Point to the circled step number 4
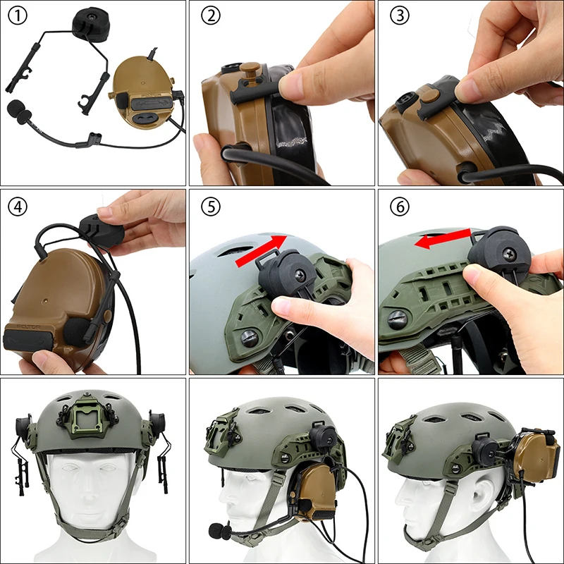coord(17,207)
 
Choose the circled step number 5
coord(211,207)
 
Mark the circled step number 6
coord(399,207)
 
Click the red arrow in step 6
coord(443,238)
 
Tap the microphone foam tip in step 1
coord(18,111)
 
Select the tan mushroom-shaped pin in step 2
coord(251,71)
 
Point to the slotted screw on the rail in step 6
coord(398,318)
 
